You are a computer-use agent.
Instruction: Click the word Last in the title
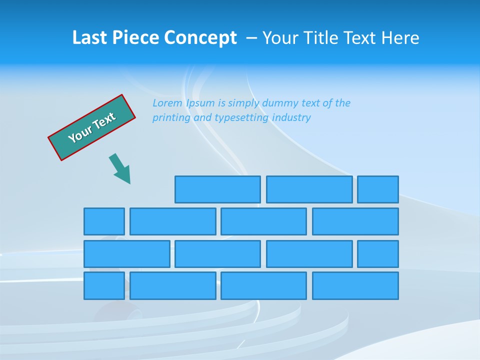tap(89, 38)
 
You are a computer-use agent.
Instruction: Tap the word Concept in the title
tap(200, 38)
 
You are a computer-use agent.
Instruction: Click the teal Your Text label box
tap(92, 127)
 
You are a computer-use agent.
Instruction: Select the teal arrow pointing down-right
tap(120, 169)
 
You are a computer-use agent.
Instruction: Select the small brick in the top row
tap(378, 189)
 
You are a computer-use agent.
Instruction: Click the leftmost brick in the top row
tap(217, 189)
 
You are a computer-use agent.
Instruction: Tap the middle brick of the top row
tap(309, 189)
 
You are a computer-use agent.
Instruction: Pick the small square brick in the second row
tap(104, 221)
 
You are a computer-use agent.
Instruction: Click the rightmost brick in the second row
tap(355, 221)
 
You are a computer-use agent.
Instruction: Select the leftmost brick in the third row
tap(127, 254)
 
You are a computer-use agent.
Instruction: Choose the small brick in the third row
tap(378, 254)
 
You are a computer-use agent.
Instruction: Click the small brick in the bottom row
tap(104, 286)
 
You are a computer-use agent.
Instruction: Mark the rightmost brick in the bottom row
tap(355, 286)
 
